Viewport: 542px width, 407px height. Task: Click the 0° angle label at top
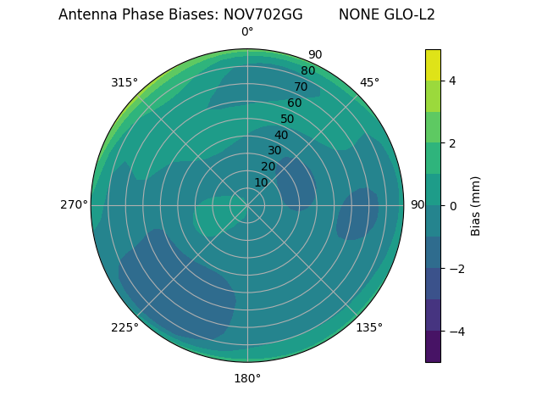click(x=247, y=32)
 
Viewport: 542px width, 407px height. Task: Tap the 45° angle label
click(x=369, y=82)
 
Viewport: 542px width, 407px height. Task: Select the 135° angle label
click(x=369, y=327)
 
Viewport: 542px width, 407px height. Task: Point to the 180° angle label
click(x=247, y=378)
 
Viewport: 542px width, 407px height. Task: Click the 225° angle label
click(x=124, y=327)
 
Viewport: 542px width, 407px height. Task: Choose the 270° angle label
click(x=75, y=204)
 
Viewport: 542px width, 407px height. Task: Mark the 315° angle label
click(x=124, y=82)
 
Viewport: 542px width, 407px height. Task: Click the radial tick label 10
click(x=262, y=182)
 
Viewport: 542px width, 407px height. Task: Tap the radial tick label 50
click(x=288, y=119)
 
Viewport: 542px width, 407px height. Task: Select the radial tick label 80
click(x=308, y=70)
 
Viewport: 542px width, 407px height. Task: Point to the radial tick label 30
click(x=274, y=151)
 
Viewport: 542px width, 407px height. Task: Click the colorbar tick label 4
click(x=452, y=81)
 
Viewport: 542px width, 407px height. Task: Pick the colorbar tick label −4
click(x=456, y=332)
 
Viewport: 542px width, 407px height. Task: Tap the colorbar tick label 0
click(x=452, y=206)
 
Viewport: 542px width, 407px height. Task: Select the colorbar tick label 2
click(x=452, y=143)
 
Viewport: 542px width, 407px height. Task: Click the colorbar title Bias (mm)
click(x=476, y=206)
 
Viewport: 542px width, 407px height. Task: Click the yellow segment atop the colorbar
click(x=433, y=64)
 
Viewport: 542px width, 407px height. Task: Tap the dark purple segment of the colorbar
click(x=433, y=347)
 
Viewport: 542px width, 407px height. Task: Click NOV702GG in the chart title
click(x=263, y=14)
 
